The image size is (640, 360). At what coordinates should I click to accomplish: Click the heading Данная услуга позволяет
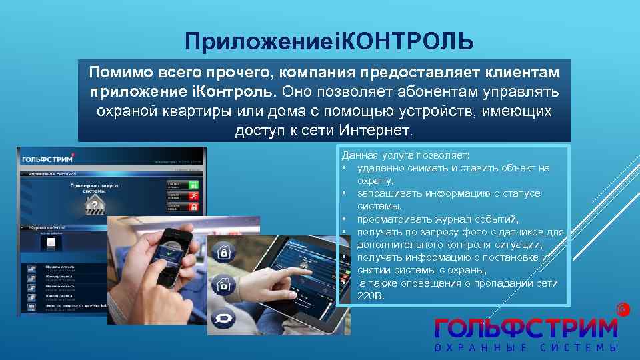(x=406, y=155)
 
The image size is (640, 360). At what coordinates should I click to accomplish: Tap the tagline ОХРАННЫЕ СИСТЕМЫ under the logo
(x=527, y=348)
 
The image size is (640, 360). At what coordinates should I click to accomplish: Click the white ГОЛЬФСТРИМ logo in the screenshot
(x=47, y=159)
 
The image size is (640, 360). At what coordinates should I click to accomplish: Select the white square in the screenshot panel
(x=51, y=245)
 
